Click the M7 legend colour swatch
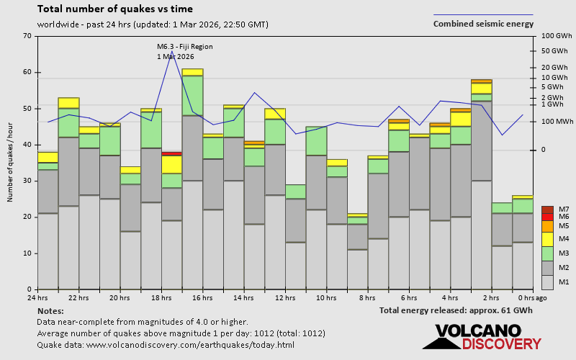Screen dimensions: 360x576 pyautogui.click(x=547, y=210)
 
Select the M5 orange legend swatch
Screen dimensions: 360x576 pyautogui.click(x=547, y=226)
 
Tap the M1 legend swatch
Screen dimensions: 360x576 pyautogui.click(x=547, y=282)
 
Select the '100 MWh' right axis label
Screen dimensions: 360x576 pyautogui.click(x=557, y=122)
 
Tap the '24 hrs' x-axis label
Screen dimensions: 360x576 pyautogui.click(x=37, y=298)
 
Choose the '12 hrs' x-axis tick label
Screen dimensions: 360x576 pyautogui.click(x=285, y=298)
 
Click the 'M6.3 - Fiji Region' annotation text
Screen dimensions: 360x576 pyautogui.click(x=184, y=47)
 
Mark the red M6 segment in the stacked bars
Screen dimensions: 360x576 pyautogui.click(x=171, y=153)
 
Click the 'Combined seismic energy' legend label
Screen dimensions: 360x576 pyautogui.click(x=483, y=24)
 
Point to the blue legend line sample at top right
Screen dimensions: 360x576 pyautogui.click(x=483, y=14)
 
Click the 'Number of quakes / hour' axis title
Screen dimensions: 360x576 pyautogui.click(x=11, y=163)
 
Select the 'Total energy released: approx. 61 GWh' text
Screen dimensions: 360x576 pyautogui.click(x=456, y=310)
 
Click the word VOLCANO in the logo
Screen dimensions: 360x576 pyautogui.click(x=477, y=331)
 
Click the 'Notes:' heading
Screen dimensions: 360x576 pyautogui.click(x=50, y=310)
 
